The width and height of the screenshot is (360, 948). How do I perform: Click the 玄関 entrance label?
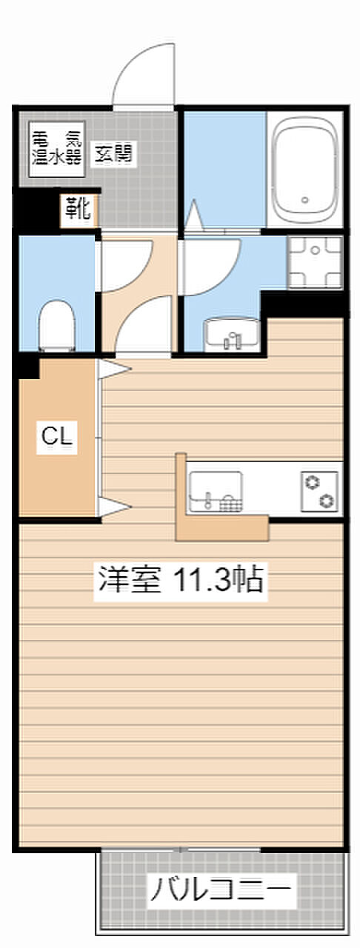(113, 153)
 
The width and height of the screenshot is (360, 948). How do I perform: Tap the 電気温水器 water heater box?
(57, 149)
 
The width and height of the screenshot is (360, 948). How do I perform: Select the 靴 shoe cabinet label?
(78, 209)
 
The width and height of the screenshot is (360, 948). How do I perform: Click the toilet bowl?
(57, 325)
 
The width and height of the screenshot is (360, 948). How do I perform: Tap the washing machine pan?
(315, 262)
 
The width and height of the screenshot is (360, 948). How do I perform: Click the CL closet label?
(57, 437)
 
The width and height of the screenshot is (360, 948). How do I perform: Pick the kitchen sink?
(216, 491)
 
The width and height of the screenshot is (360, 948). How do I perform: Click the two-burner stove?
(320, 491)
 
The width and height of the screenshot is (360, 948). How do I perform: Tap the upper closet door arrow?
(114, 369)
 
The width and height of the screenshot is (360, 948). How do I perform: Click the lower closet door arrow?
(114, 507)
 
